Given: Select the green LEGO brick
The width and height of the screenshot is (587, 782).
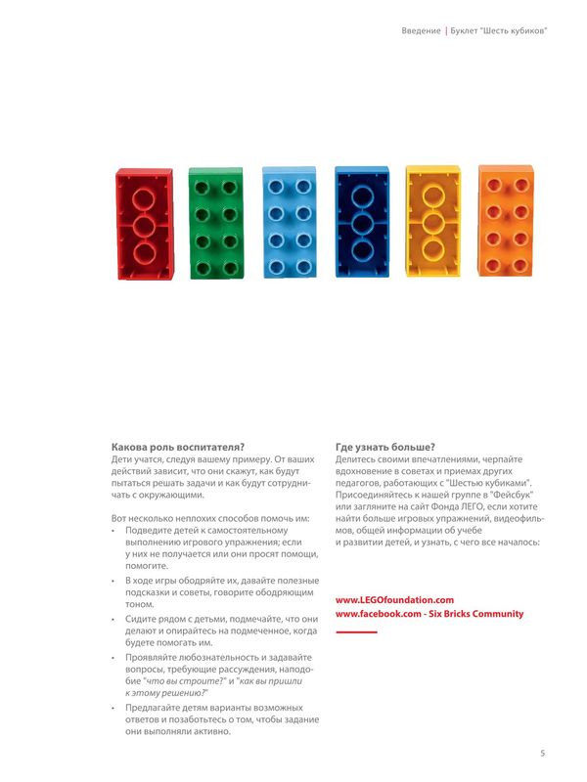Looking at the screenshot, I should (216, 224).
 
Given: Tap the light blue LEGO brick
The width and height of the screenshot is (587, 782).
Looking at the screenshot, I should (289, 223).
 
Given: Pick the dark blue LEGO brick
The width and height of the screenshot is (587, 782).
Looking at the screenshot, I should (361, 223).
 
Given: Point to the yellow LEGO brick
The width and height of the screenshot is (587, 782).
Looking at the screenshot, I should (432, 222).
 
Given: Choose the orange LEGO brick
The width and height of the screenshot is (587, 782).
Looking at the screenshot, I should (505, 221).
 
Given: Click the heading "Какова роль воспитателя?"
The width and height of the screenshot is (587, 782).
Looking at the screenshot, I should (178, 446).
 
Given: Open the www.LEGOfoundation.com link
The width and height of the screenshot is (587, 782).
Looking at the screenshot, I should (394, 599).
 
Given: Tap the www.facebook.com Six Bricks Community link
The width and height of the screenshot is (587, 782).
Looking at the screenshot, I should (429, 614).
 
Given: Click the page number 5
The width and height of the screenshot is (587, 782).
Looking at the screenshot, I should (542, 753).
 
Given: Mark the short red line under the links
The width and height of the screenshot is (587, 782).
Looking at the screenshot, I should (356, 632).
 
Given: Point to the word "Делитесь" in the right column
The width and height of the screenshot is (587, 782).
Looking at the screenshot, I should (357, 458).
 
